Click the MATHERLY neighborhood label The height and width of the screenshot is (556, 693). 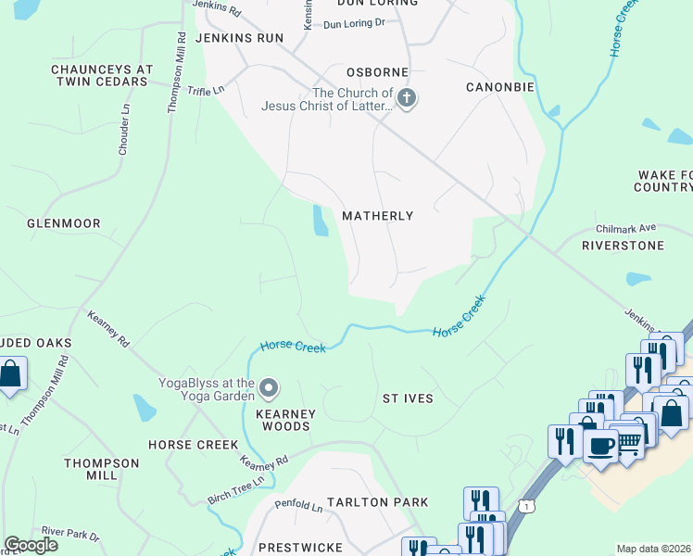(x=377, y=216)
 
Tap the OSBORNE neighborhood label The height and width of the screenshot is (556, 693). (x=377, y=72)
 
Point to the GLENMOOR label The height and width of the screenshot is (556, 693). (x=63, y=223)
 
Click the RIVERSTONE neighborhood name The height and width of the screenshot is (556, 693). (x=623, y=246)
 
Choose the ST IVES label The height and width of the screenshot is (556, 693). (x=408, y=398)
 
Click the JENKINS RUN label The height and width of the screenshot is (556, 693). (x=238, y=38)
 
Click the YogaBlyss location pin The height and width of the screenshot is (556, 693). (x=269, y=386)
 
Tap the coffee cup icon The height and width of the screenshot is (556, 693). (x=600, y=446)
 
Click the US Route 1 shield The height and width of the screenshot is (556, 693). (x=526, y=505)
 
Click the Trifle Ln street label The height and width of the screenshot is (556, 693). (x=206, y=90)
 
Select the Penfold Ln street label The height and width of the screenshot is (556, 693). (x=297, y=507)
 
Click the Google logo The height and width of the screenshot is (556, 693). (x=31, y=544)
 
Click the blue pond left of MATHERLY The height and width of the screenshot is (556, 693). (x=321, y=221)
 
